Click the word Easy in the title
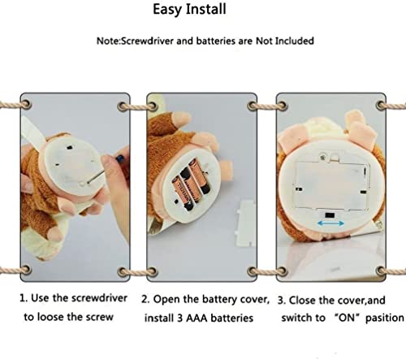pyautogui.click(x=167, y=10)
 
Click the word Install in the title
pyautogui.click(x=206, y=9)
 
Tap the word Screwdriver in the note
pyautogui.click(x=147, y=41)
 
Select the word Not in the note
pyautogui.click(x=264, y=41)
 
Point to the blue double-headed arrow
pyautogui.click(x=330, y=223)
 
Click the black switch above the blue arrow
pyautogui.click(x=330, y=215)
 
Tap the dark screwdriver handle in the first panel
pyautogui.click(x=120, y=158)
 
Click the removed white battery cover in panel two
pyautogui.click(x=245, y=223)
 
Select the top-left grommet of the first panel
pyautogui.click(x=26, y=104)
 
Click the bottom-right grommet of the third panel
pyautogui.click(x=382, y=271)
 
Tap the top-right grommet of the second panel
pyautogui.click(x=253, y=106)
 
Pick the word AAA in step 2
pyautogui.click(x=197, y=318)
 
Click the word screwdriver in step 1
pyautogui.click(x=99, y=298)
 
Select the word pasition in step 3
pyautogui.click(x=384, y=318)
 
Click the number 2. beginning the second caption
pyautogui.click(x=145, y=299)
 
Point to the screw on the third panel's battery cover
pyautogui.click(x=322, y=157)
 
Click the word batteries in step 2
pyautogui.click(x=232, y=318)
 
